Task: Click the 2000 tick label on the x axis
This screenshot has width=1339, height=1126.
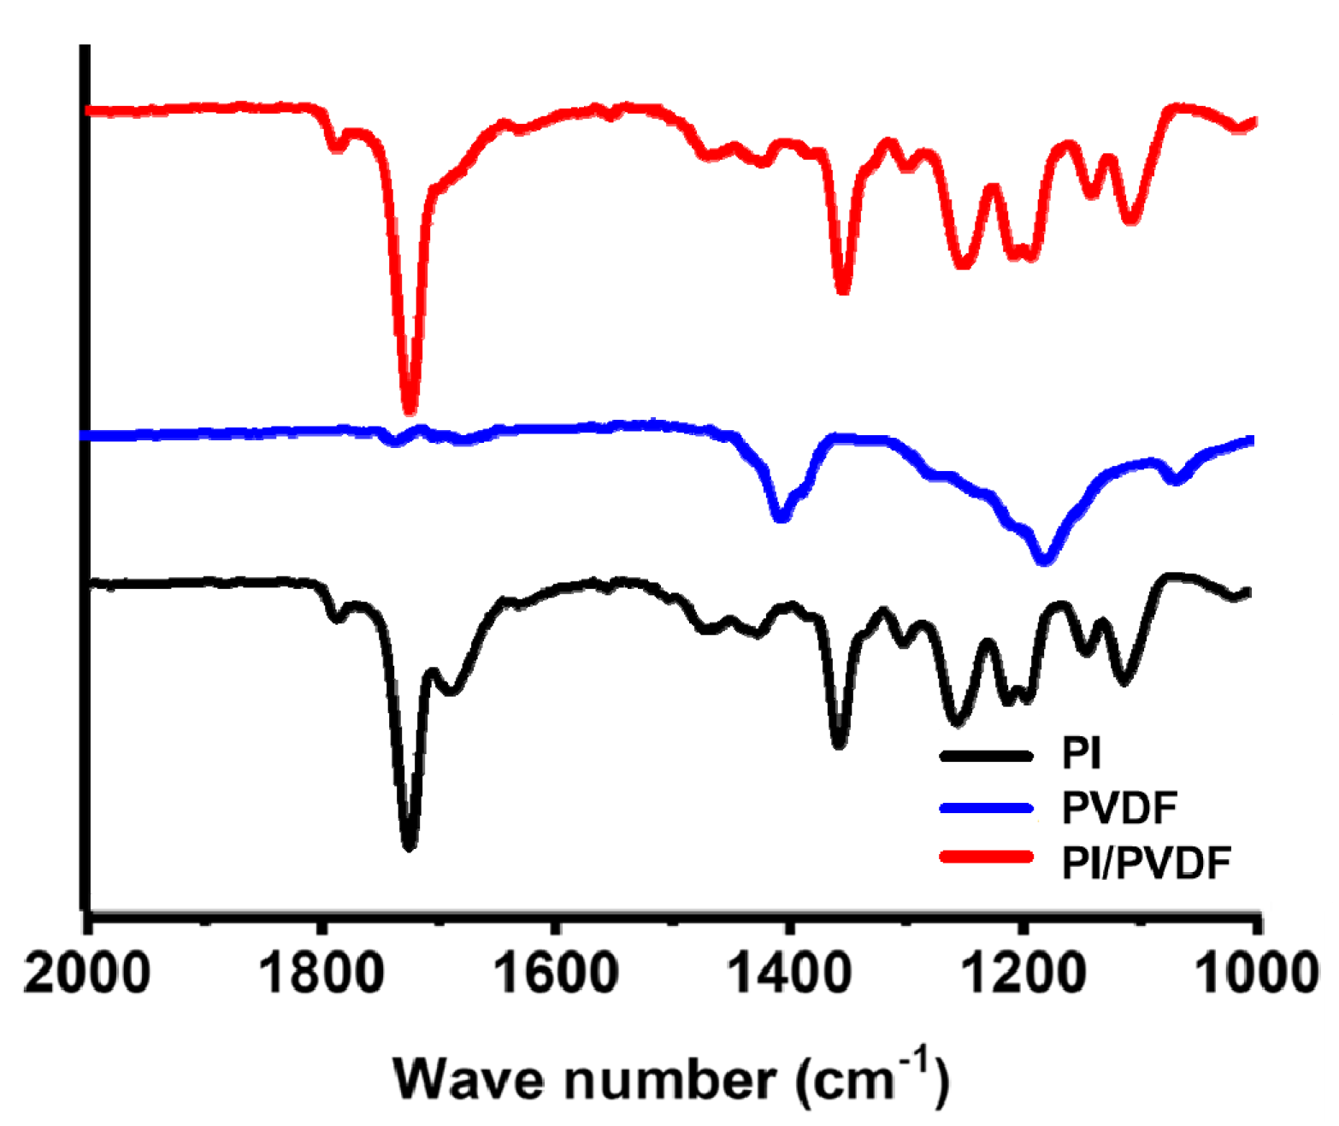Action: [86, 974]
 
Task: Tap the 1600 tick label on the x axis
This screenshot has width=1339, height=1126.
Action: [557, 974]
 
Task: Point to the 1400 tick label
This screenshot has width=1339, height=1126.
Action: [789, 974]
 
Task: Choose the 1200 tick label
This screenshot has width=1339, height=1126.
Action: [1023, 974]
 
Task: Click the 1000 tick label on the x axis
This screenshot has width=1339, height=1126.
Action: [1255, 974]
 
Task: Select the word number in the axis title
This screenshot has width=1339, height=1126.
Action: [670, 1079]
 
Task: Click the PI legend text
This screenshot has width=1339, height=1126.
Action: [1081, 753]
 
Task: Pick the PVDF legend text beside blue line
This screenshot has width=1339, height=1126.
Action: [1119, 808]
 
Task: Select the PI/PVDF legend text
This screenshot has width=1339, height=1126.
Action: [1146, 863]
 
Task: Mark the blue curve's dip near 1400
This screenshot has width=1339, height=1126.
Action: [780, 516]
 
